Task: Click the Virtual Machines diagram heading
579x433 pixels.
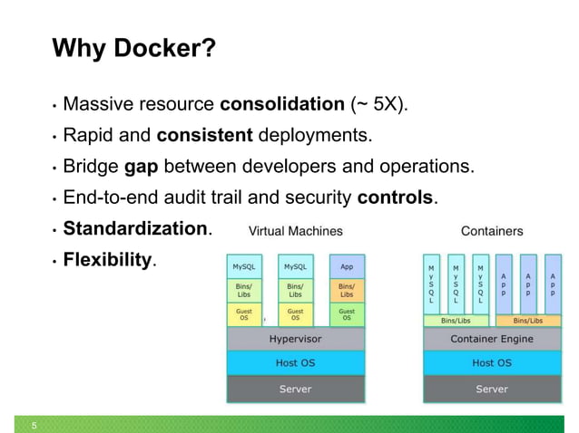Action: point(295,231)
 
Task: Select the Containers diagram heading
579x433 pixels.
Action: point(491,231)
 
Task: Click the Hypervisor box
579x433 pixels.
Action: point(295,339)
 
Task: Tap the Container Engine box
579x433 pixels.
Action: point(492,339)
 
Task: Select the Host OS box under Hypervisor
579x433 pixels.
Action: point(295,363)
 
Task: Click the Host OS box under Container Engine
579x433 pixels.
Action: point(492,363)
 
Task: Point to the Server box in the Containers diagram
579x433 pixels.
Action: point(492,389)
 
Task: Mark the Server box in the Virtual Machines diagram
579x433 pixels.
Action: point(295,389)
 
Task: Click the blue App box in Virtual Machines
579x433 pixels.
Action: point(347,267)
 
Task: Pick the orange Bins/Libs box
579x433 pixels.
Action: point(347,290)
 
